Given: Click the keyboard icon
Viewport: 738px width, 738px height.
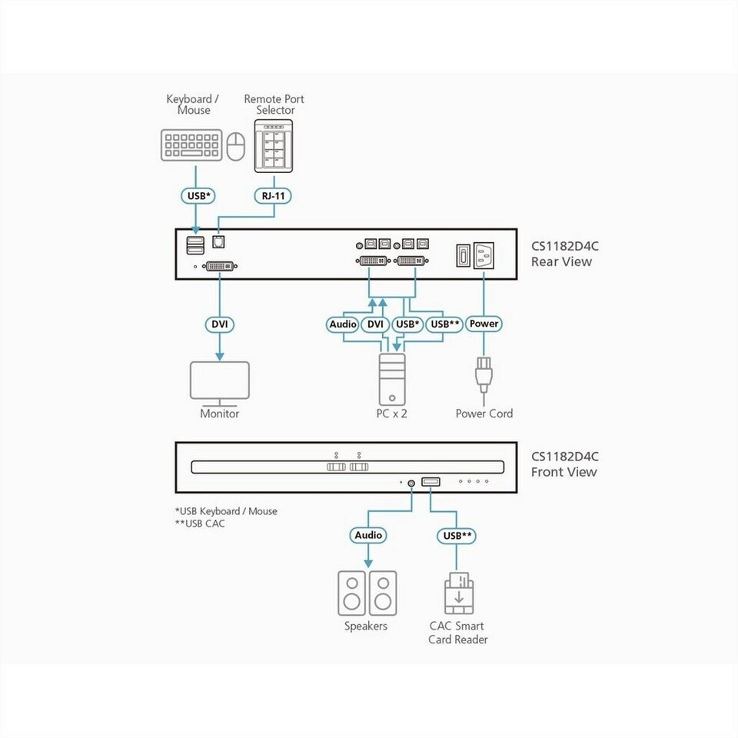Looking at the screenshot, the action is click(x=191, y=145).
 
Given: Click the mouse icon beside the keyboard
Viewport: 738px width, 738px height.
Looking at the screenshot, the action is click(x=236, y=146).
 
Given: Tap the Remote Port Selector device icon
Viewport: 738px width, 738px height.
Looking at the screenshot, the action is click(x=274, y=146).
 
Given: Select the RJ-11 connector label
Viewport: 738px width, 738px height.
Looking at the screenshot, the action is click(x=274, y=196).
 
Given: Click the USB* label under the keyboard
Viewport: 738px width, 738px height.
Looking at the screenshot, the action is click(x=198, y=196).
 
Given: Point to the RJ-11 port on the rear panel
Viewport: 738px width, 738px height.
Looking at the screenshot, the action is click(x=218, y=242).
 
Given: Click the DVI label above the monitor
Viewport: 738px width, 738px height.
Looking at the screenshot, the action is click(x=220, y=324).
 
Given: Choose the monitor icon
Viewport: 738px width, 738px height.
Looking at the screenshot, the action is click(x=220, y=383).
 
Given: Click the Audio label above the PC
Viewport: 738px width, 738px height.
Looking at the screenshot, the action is click(x=343, y=324).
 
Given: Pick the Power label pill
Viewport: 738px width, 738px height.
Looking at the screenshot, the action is click(x=484, y=324).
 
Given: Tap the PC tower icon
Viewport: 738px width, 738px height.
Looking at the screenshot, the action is click(x=392, y=379).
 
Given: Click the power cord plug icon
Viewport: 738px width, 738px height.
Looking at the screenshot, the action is click(x=484, y=375).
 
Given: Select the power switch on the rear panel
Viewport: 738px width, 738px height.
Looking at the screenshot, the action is click(x=463, y=255).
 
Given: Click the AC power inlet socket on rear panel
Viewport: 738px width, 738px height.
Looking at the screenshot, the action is click(x=484, y=255).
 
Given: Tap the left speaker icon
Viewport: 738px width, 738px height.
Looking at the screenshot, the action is click(x=351, y=593).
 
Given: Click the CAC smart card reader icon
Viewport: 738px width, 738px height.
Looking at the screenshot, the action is click(x=459, y=593).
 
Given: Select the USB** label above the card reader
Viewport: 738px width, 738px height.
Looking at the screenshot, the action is click(x=457, y=536).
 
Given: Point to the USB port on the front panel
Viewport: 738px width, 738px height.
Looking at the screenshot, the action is click(x=431, y=481).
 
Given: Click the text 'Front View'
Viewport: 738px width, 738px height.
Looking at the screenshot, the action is click(x=563, y=472).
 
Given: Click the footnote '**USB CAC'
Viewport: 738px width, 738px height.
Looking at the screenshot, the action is click(x=200, y=524).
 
